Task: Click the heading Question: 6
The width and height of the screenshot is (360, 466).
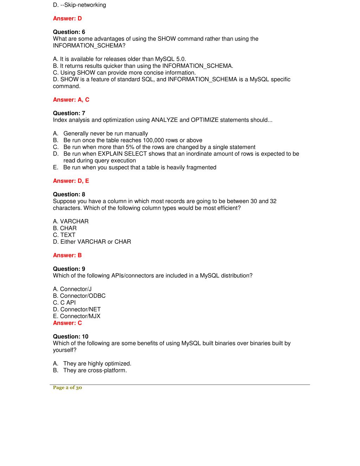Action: click(x=69, y=32)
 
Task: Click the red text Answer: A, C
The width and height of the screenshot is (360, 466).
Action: click(x=71, y=100)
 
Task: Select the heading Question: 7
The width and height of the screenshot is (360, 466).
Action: click(x=69, y=113)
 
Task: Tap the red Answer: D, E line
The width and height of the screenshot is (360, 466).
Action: click(x=71, y=181)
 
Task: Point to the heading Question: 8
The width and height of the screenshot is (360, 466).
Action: click(x=69, y=194)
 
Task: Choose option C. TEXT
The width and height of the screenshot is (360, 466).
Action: click(x=64, y=235)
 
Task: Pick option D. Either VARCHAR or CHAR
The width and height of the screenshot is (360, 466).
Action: click(x=92, y=242)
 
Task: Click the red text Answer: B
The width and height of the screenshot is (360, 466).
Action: click(x=67, y=255)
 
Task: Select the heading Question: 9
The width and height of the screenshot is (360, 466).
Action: click(x=69, y=269)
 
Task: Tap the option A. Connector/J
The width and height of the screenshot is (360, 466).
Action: click(x=72, y=289)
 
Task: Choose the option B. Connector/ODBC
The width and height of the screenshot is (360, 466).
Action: click(x=79, y=296)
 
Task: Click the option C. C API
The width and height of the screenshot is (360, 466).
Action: click(x=64, y=302)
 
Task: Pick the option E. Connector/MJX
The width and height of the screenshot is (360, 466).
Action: click(x=77, y=316)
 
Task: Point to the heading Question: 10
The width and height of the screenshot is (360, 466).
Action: click(x=71, y=337)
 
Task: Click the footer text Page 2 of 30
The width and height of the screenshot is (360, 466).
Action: click(x=67, y=388)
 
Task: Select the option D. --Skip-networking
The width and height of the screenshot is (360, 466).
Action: click(x=79, y=5)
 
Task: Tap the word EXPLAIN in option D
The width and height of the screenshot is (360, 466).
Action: click(x=110, y=154)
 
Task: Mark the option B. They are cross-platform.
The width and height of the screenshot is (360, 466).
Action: click(x=95, y=370)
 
